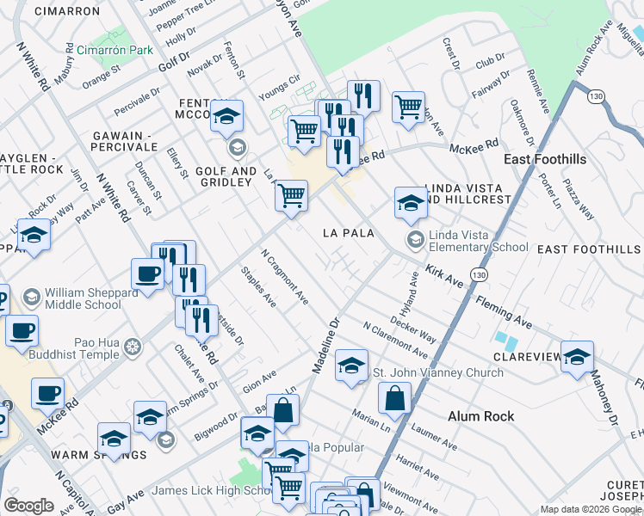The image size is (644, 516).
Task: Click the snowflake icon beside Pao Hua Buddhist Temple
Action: [x=132, y=347]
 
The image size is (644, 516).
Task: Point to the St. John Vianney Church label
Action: [x=437, y=372]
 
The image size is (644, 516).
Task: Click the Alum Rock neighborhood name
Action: [x=480, y=416]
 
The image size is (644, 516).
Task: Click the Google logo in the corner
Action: [x=28, y=506]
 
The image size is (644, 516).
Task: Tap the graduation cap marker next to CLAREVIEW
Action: [x=577, y=357]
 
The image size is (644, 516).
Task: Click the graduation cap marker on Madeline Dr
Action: [x=351, y=365]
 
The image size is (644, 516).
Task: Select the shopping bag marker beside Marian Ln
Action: [x=394, y=398]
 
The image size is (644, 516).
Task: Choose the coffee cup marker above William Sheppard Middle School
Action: [x=147, y=274]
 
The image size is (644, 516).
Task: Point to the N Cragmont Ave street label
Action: [x=285, y=278]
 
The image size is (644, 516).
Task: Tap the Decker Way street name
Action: [x=412, y=325]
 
